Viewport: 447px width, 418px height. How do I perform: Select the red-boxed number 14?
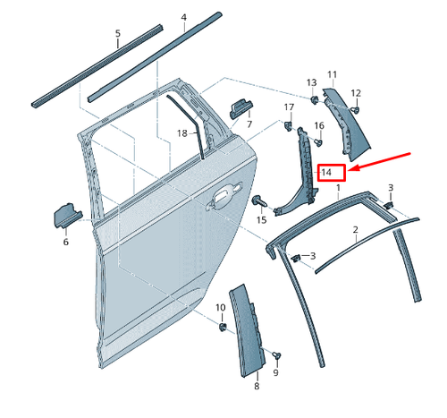[328, 171]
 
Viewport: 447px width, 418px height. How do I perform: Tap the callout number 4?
[184, 18]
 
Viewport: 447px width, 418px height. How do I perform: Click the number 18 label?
[181, 133]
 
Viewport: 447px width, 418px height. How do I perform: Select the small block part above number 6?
[68, 216]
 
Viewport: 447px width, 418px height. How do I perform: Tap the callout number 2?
[355, 230]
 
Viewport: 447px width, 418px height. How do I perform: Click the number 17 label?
[289, 108]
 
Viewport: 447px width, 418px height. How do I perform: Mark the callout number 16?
[319, 125]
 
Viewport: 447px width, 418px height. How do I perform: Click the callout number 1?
[338, 190]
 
